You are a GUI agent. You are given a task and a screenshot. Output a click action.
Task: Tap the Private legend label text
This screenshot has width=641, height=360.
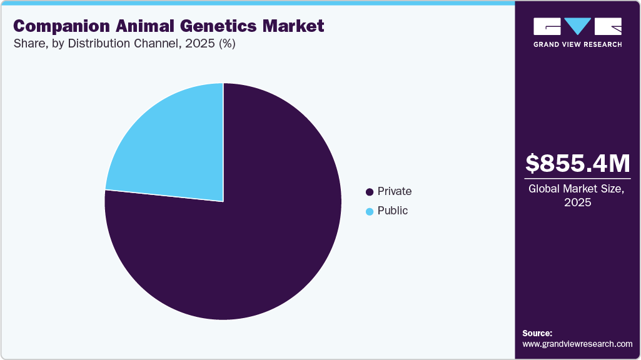click(395, 191)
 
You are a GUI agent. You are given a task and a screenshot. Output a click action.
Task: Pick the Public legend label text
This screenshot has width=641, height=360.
click(393, 211)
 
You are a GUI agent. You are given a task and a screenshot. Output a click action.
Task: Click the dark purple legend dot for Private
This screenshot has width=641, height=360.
click(370, 192)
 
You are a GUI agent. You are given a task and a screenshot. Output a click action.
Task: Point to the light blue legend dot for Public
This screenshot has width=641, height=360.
click(370, 211)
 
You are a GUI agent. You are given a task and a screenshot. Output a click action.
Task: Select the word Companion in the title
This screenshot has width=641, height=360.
click(54, 26)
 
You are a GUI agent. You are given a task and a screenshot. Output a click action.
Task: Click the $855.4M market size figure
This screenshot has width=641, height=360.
click(578, 163)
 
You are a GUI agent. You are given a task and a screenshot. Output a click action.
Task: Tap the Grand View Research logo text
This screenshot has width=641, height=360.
click(577, 44)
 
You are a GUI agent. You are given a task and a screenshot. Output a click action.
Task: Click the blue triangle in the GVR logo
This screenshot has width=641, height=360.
click(578, 26)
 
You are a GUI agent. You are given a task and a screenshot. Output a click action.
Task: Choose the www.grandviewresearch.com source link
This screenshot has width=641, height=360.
click(577, 344)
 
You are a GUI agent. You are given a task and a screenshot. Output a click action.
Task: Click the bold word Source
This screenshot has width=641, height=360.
click(537, 333)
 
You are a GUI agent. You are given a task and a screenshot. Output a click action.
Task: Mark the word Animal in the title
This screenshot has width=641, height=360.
click(135, 26)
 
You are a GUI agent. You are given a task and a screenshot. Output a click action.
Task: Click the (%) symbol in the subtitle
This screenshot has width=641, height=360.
click(224, 44)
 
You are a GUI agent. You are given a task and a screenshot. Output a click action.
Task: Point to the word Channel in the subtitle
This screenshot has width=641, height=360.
click(154, 44)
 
